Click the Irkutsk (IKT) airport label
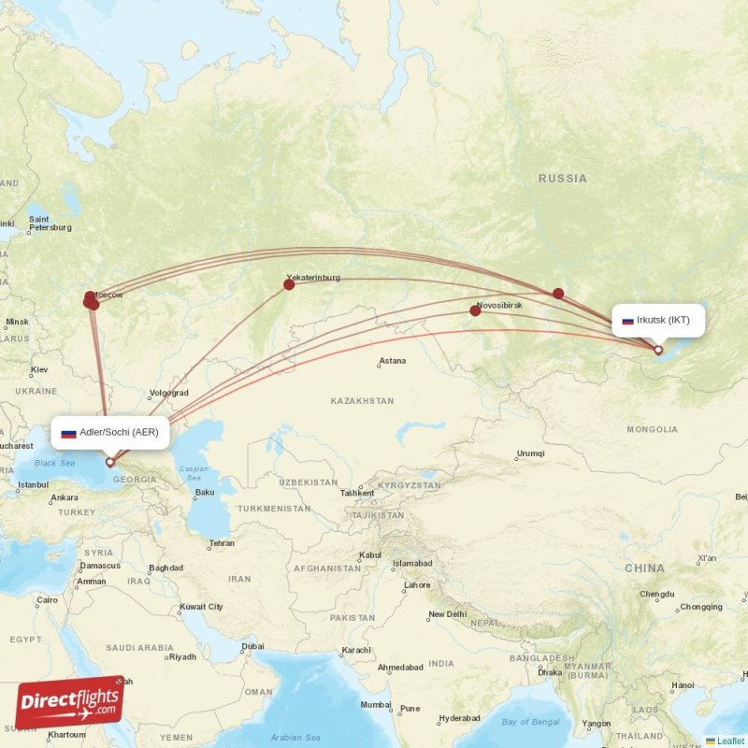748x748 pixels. pyautogui.click(x=658, y=320)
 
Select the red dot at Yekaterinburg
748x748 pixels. pyautogui.click(x=289, y=284)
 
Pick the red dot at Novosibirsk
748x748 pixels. pyautogui.click(x=475, y=310)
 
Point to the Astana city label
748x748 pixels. pyautogui.click(x=393, y=361)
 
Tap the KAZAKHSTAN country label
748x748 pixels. pyautogui.click(x=362, y=400)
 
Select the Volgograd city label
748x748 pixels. pyautogui.click(x=168, y=393)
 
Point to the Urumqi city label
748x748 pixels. pyautogui.click(x=530, y=453)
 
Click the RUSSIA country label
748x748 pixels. pyautogui.click(x=563, y=178)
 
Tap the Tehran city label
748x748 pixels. pyautogui.click(x=222, y=543)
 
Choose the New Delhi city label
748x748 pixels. pyautogui.click(x=447, y=614)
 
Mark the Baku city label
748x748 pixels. pyautogui.click(x=205, y=492)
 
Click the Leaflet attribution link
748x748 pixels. pyautogui.click(x=730, y=741)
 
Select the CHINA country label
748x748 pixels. pyautogui.click(x=645, y=568)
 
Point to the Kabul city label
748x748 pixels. pyautogui.click(x=371, y=554)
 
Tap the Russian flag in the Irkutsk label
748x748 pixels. pyautogui.click(x=628, y=321)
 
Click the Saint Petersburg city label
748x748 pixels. pyautogui.click(x=49, y=223)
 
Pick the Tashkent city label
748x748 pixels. pyautogui.click(x=357, y=493)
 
